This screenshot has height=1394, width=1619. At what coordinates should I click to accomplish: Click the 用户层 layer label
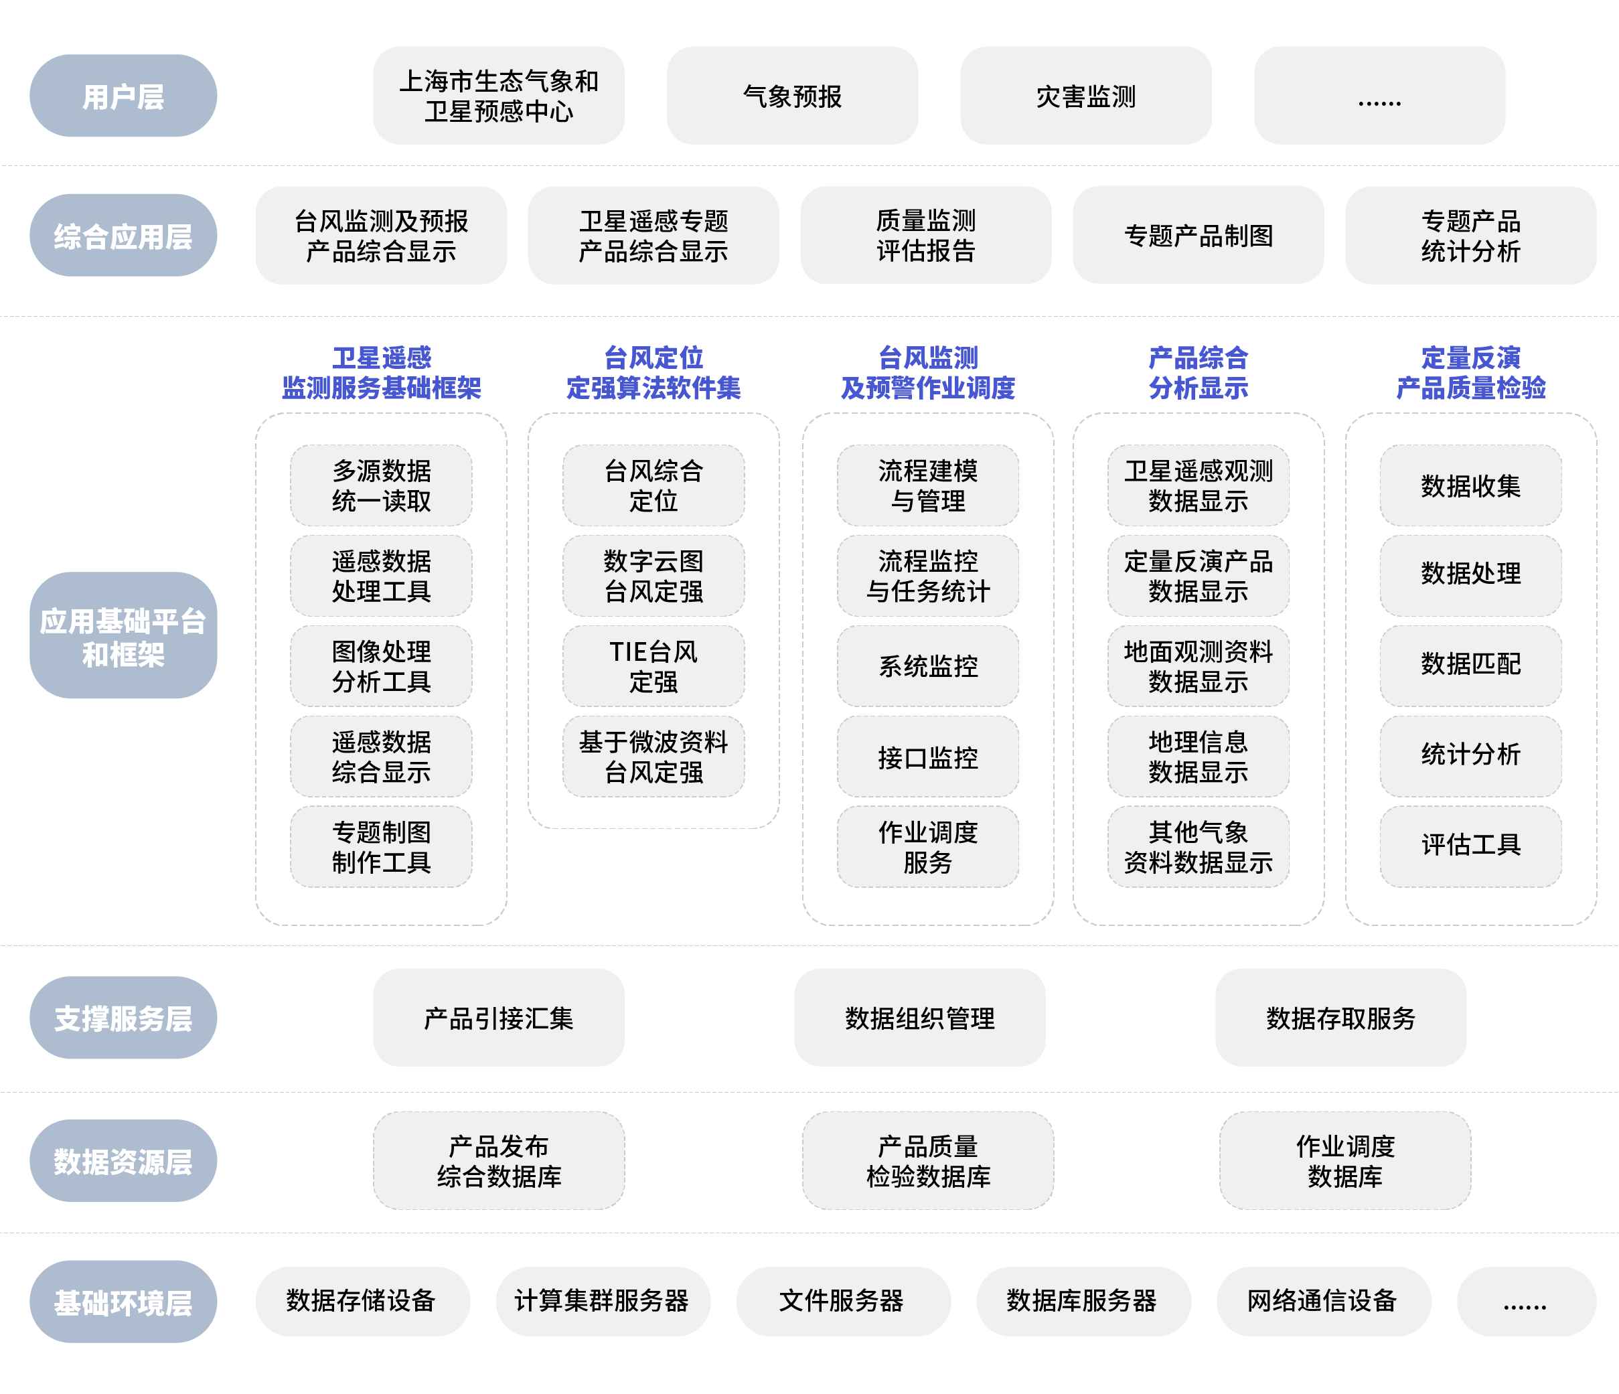pos(123,96)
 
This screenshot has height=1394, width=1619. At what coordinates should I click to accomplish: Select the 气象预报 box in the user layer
pos(791,96)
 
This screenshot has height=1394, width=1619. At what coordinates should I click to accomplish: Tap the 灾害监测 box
pos(1085,96)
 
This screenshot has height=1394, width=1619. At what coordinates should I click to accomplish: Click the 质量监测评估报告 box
pos(925,235)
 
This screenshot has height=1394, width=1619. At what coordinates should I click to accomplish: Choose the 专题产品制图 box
pos(1198,235)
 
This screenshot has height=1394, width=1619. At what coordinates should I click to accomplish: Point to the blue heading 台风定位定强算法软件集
pos(653,373)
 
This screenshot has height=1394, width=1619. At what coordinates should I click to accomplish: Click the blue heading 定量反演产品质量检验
pos(1470,373)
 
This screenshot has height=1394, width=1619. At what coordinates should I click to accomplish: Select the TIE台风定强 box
pos(653,666)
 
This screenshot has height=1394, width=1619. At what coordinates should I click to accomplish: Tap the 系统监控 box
pos(927,666)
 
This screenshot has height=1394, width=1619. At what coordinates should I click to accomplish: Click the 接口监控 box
pos(927,757)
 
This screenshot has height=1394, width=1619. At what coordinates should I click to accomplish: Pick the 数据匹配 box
pos(1470,664)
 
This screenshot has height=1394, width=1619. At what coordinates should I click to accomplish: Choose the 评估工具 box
pos(1470,845)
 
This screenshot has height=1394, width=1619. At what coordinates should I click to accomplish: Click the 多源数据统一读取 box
pos(381,485)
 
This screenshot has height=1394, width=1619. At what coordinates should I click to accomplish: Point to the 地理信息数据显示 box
pos(1198,757)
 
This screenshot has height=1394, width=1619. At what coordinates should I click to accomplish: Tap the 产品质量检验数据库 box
pos(927,1160)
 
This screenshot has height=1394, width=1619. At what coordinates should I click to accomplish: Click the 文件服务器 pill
pos(842,1300)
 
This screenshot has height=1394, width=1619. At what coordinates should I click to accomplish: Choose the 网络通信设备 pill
pos(1322,1300)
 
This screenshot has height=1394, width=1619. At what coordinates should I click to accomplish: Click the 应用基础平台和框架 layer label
pos(123,636)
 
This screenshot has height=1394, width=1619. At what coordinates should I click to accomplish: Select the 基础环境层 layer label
pos(123,1302)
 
